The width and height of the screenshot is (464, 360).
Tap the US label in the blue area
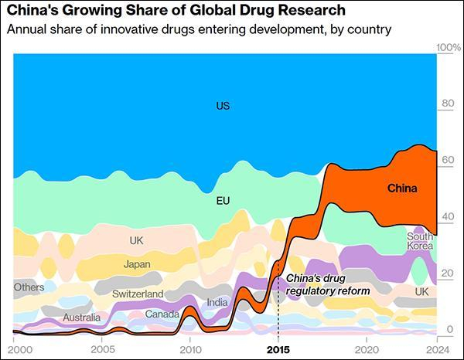coord(223,105)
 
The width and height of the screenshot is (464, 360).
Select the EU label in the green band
coord(223,201)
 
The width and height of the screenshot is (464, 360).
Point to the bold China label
coord(401,188)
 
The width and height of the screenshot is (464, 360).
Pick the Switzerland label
coord(138,294)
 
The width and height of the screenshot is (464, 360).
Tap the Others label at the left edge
coord(29,287)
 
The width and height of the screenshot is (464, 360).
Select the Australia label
coord(81,318)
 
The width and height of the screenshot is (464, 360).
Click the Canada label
coord(162,314)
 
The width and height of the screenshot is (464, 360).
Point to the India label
coord(217,302)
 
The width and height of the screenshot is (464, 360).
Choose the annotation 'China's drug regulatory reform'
coord(328,284)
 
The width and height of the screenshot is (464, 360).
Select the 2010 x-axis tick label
coord(189,348)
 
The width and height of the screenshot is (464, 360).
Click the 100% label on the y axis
coord(449,48)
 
